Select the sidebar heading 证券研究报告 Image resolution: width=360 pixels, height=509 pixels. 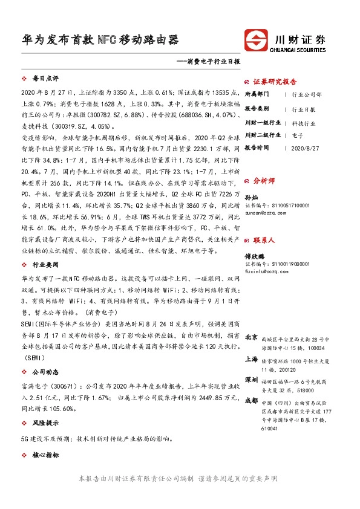pyautogui.click(x=274, y=82)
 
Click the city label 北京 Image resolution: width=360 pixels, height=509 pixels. pyautogui.click(x=252, y=337)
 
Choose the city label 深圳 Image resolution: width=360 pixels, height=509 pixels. pyautogui.click(x=252, y=380)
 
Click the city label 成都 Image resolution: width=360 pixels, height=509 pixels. pyautogui.click(x=252, y=401)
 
